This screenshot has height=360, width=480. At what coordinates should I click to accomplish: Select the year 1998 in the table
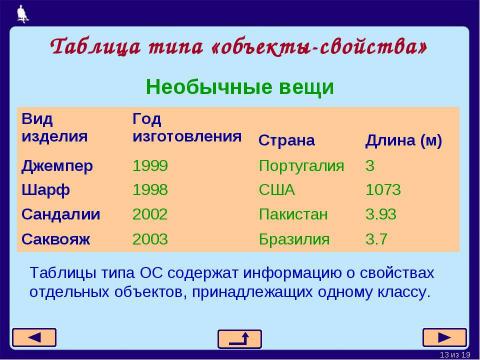point(150,189)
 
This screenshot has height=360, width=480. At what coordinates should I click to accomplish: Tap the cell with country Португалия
point(301,165)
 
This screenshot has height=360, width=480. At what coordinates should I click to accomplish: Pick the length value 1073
point(384,189)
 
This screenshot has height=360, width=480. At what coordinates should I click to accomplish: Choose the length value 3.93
point(382,214)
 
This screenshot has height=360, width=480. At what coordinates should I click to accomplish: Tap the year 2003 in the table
point(150,238)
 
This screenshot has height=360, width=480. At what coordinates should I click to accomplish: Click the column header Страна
point(286,139)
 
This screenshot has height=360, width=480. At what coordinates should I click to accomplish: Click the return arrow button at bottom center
point(239,338)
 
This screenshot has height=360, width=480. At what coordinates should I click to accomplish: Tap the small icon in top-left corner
point(23,12)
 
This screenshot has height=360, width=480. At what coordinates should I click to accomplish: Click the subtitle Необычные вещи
point(240,87)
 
